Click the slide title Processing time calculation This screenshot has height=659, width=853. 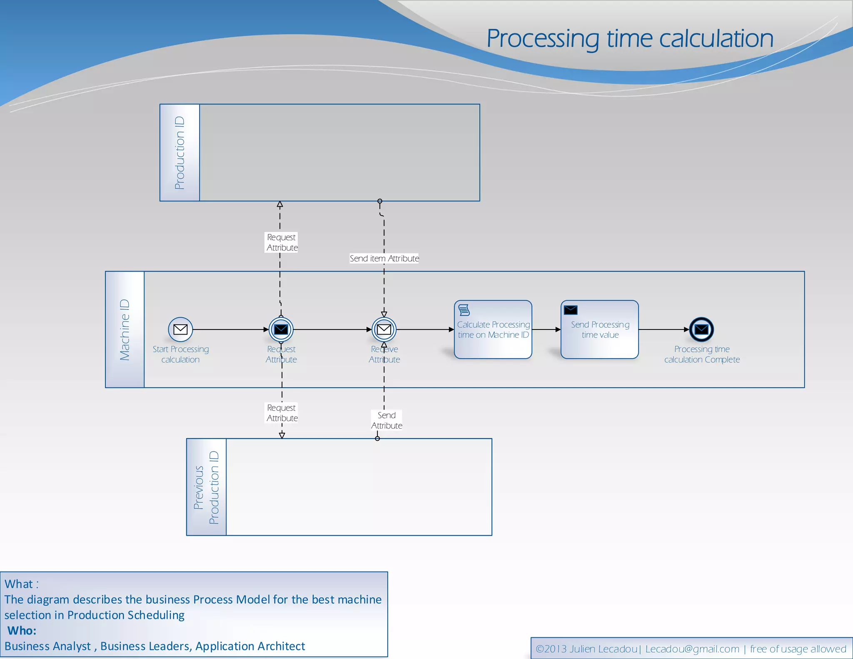coord(630,38)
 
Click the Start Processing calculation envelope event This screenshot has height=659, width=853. coord(180,329)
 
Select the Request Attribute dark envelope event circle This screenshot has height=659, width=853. coord(281,329)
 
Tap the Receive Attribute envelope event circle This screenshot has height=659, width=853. coord(384,329)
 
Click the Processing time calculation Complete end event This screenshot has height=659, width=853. coord(701,329)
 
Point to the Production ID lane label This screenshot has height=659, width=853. coord(180,153)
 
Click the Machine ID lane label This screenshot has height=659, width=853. coord(125,329)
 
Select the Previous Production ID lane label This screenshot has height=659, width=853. coord(206,487)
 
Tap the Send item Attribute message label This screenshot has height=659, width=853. coord(384,258)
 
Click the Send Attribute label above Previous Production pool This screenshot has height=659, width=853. coord(387,420)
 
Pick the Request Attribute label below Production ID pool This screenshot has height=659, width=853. coord(282,242)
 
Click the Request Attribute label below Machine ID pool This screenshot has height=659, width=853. coord(282,413)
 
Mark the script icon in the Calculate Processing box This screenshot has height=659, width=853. coord(464,310)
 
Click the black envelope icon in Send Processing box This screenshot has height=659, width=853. coord(570,310)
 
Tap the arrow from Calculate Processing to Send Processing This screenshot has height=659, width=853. coord(546,329)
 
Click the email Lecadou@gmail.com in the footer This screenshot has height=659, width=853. coord(692,649)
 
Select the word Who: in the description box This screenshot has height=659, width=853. coord(22,631)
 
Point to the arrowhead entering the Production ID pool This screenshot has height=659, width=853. coord(280,205)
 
